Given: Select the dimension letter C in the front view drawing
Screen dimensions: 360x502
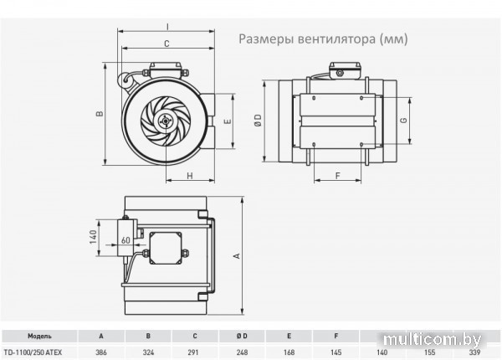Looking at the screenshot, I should (167, 43).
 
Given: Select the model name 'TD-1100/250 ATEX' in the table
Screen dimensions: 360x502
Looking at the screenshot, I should (39, 352).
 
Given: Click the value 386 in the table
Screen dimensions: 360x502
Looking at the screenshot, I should (101, 352).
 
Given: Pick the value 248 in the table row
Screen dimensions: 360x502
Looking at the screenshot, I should (242, 352).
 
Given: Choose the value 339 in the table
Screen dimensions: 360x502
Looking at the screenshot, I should (476, 352).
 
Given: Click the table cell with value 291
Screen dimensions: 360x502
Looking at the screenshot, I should (195, 352).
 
